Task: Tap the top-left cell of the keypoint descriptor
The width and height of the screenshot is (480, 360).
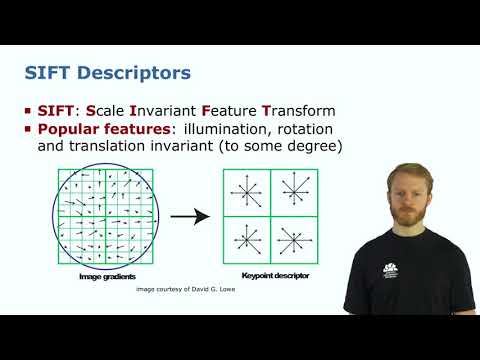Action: [245, 192]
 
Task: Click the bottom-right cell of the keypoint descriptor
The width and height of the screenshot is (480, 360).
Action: [291, 239]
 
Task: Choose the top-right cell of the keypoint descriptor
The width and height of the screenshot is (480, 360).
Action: [291, 192]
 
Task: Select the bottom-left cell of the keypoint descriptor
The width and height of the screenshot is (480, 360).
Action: [245, 239]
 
